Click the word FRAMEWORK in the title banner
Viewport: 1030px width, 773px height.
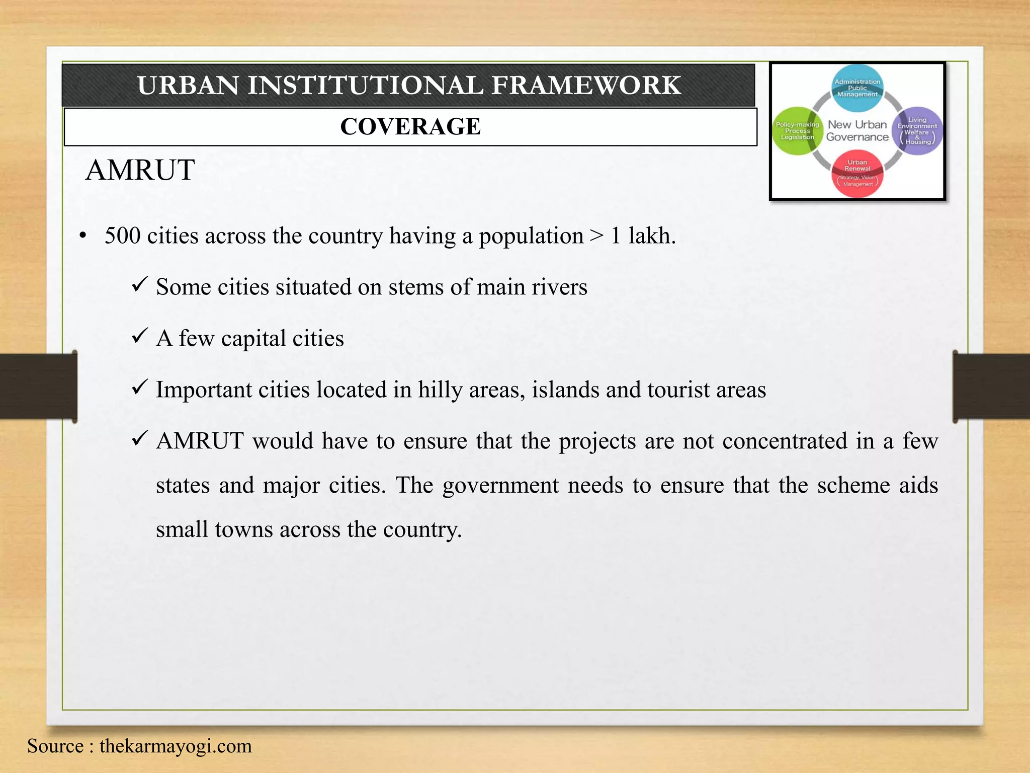pyautogui.click(x=586, y=85)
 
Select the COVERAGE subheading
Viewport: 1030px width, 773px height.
pyautogui.click(x=410, y=126)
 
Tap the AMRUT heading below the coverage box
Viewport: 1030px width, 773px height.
pyautogui.click(x=140, y=170)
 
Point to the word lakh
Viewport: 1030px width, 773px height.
pyautogui.click(x=651, y=236)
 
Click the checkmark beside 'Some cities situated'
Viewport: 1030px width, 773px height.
pyautogui.click(x=139, y=285)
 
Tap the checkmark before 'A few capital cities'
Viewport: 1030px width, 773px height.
pyautogui.click(x=139, y=336)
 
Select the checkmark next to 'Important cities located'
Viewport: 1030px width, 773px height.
pyautogui.click(x=139, y=388)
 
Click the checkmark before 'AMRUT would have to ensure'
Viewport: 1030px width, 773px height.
pyautogui.click(x=139, y=439)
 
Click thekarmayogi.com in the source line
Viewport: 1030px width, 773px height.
pyautogui.click(x=176, y=746)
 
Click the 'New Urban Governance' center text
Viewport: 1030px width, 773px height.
pyautogui.click(x=857, y=131)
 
